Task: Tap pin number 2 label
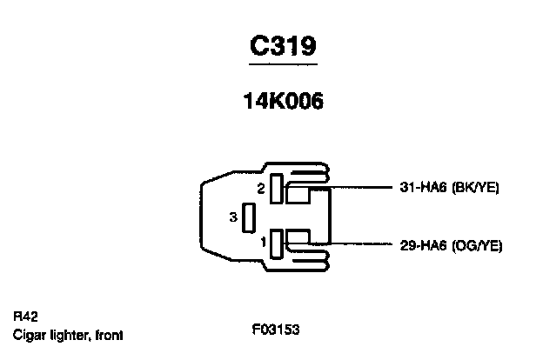(260, 188)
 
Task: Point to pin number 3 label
(233, 217)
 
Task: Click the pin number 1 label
(262, 244)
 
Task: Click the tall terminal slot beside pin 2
(276, 189)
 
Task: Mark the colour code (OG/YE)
(478, 246)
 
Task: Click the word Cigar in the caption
(27, 334)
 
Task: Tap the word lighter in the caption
(70, 334)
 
